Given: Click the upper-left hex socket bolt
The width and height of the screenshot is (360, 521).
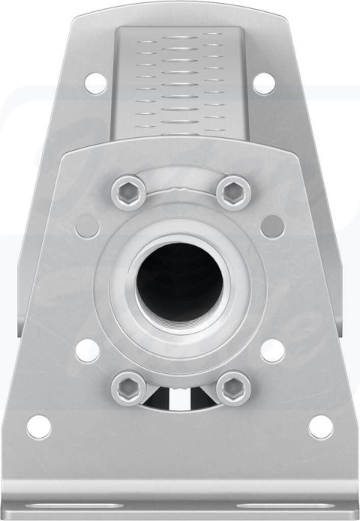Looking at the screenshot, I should pyautogui.click(x=129, y=193).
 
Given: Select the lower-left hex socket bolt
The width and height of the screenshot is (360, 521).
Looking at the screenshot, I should pyautogui.click(x=129, y=388).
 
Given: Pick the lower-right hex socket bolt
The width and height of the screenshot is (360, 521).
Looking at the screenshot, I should pyautogui.click(x=233, y=388).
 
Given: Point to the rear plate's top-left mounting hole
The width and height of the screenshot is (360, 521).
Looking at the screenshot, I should pyautogui.click(x=95, y=82).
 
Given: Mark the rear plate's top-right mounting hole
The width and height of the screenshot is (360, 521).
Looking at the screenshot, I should pyautogui.click(x=263, y=82).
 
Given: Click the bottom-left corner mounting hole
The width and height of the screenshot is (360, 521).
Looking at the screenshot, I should pyautogui.click(x=39, y=427).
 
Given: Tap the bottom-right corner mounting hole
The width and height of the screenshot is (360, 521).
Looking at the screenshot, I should pyautogui.click(x=321, y=427).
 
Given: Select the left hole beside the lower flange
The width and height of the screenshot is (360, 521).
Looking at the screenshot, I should pyautogui.click(x=88, y=350).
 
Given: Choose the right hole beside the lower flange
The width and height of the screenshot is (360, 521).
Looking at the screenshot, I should pyautogui.click(x=272, y=350).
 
